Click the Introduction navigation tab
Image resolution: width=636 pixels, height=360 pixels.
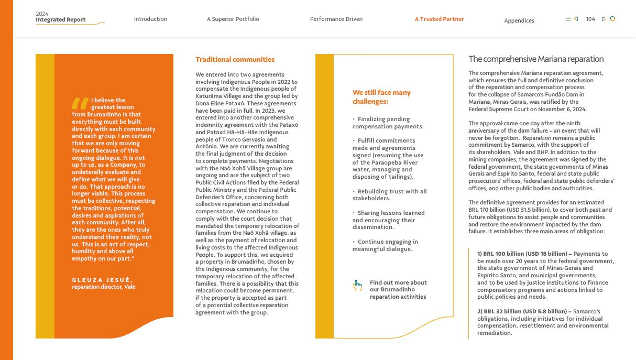click(x=150, y=19)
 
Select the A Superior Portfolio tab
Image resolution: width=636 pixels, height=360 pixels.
click(x=233, y=19)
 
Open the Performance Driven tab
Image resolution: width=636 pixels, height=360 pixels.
click(x=336, y=19)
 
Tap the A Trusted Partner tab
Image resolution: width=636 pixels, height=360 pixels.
click(x=439, y=19)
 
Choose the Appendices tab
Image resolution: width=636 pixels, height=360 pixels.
click(x=519, y=20)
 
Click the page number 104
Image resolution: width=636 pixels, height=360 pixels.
click(x=590, y=19)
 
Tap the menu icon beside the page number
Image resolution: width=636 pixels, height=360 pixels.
click(x=568, y=19)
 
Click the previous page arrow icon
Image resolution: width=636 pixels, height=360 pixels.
click(x=576, y=19)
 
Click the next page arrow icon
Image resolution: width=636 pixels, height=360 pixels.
click(x=604, y=19)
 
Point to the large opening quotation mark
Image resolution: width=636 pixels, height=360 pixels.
click(x=80, y=103)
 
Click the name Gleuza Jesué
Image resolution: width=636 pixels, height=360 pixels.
click(x=102, y=280)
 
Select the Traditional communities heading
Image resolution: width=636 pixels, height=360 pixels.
click(x=235, y=59)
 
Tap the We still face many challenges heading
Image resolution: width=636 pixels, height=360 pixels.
click(x=381, y=97)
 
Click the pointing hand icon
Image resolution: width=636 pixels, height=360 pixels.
click(x=357, y=286)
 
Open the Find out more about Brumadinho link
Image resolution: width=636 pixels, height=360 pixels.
click(x=398, y=289)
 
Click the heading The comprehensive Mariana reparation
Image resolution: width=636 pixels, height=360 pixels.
click(x=535, y=59)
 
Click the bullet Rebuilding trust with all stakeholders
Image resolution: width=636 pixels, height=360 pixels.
click(x=389, y=195)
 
